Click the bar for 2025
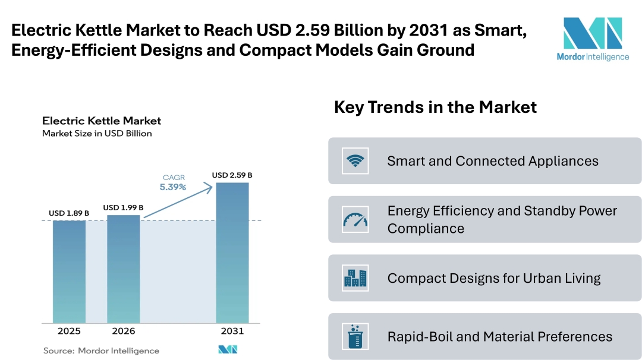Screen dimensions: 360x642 tap(69, 271)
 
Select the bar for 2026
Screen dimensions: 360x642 tap(123, 269)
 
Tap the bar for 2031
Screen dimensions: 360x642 tap(232, 252)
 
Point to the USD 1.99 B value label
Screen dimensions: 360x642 tap(123, 207)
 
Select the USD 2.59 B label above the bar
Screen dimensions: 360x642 tap(232, 175)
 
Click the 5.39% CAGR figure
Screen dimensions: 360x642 tap(173, 187)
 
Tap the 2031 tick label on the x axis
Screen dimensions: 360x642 tap(232, 331)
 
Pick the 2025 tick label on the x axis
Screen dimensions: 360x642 tap(69, 331)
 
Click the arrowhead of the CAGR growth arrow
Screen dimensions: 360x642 tap(209, 186)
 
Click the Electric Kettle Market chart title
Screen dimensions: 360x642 tap(102, 121)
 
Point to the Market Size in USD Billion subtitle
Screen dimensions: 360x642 tap(97, 134)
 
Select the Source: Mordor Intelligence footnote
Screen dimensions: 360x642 tap(101, 350)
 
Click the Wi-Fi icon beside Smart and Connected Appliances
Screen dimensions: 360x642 tap(355, 160)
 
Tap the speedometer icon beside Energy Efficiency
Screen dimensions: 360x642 tap(355, 219)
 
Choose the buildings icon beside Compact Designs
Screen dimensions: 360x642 tap(355, 278)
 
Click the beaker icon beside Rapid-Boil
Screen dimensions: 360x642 tap(355, 336)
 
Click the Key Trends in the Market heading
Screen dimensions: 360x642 tap(435, 107)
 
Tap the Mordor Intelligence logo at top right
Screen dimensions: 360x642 tap(592, 39)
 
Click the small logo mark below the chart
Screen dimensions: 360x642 tap(228, 350)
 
